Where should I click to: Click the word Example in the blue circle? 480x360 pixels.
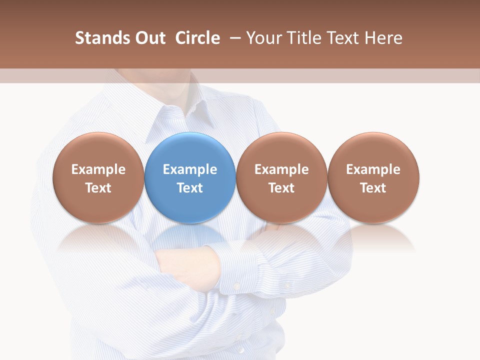click(x=190, y=169)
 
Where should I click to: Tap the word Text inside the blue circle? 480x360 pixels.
click(x=190, y=188)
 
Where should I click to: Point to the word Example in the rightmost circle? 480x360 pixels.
click(x=373, y=169)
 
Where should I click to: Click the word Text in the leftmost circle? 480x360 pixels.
click(x=98, y=188)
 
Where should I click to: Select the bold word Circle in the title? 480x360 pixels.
click(x=197, y=38)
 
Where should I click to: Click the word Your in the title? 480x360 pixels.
click(x=263, y=38)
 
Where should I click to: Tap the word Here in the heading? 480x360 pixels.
click(x=383, y=38)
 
